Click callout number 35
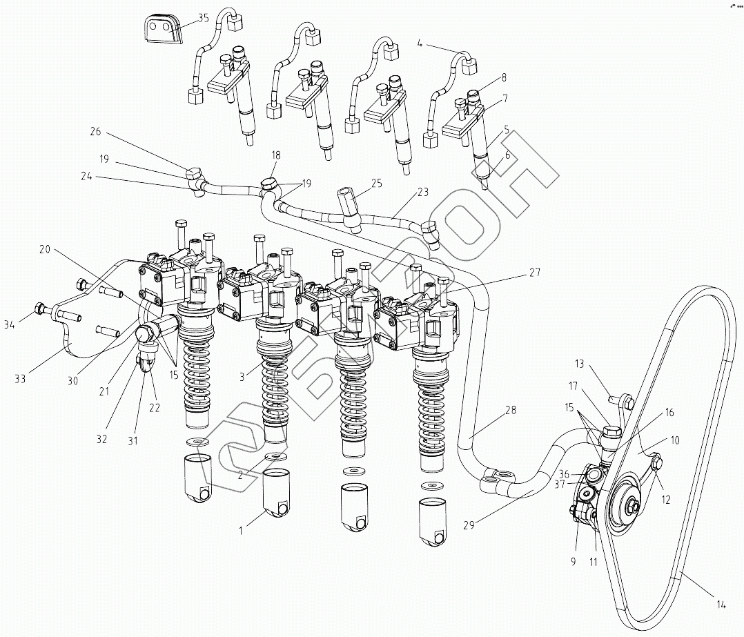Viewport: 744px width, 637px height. [203, 19]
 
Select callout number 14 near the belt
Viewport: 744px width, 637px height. [721, 605]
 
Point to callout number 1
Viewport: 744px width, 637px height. [241, 530]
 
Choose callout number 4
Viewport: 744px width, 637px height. [420, 43]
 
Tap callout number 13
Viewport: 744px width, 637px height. [579, 363]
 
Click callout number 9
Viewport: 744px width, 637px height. [572, 561]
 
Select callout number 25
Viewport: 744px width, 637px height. [376, 183]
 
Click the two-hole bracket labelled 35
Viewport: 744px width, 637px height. [161, 30]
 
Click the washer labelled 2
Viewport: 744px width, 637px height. [276, 457]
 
